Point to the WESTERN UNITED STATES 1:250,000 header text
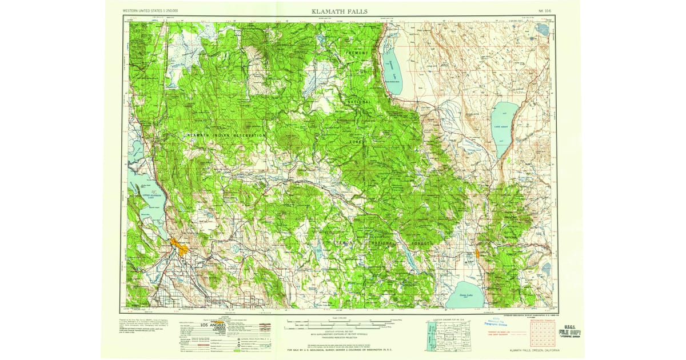(150, 11)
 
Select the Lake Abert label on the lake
(501, 126)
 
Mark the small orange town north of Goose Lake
(477, 253)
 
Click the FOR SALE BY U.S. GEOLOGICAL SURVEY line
(343, 350)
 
